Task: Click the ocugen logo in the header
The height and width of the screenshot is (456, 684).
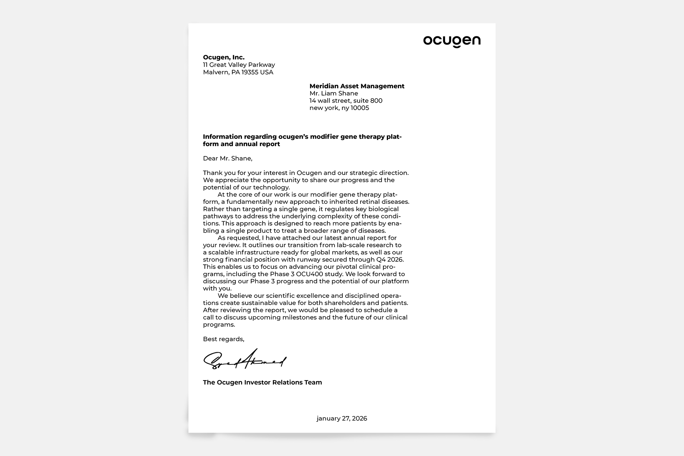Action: (452, 41)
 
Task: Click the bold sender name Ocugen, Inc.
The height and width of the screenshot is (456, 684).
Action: (224, 57)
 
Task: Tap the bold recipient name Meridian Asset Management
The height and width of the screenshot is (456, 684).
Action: (357, 86)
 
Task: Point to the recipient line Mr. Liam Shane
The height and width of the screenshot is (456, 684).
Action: (333, 93)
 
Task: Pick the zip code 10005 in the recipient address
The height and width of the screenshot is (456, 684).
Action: (360, 108)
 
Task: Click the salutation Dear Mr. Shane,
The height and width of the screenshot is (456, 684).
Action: (227, 159)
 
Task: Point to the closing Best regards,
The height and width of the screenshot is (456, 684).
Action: (223, 339)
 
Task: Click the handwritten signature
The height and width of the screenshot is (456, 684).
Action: (245, 360)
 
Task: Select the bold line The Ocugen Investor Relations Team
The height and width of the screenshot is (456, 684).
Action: (262, 383)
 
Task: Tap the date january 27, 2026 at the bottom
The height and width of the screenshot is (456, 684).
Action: (342, 419)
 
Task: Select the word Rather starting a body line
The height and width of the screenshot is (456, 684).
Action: (213, 209)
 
